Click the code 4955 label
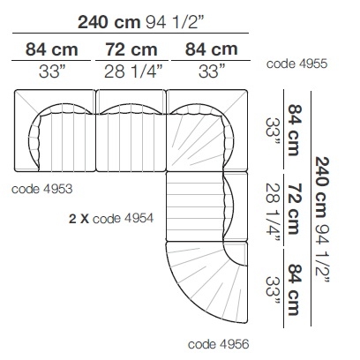296,64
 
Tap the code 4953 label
41,189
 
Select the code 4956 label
219,344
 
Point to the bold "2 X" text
79,219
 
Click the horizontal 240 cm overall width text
109,22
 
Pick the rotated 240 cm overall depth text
322,188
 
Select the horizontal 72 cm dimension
131,49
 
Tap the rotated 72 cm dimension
295,208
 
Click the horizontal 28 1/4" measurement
133,71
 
